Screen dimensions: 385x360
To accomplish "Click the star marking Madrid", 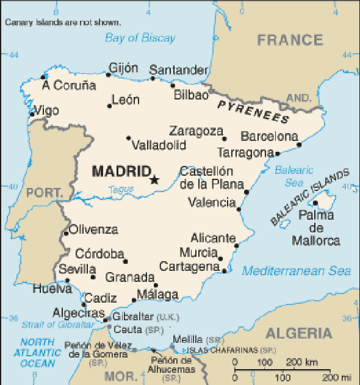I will pyautogui.click(x=154, y=179).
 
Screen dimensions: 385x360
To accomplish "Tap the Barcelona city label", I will pyautogui.click(x=269, y=136).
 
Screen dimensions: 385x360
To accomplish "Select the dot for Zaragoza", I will pyautogui.click(x=224, y=139).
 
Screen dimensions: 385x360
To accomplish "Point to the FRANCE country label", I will pyautogui.click(x=290, y=40).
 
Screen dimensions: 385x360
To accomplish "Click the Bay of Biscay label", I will pyautogui.click(x=140, y=38).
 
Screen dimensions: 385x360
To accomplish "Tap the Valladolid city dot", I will pyautogui.click(x=128, y=138).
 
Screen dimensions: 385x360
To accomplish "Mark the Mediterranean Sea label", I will pyautogui.click(x=297, y=271).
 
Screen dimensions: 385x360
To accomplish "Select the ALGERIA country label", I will pyautogui.click(x=299, y=333).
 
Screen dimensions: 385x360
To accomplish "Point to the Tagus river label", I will pyautogui.click(x=120, y=190).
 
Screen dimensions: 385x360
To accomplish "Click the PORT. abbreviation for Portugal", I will pyautogui.click(x=45, y=193).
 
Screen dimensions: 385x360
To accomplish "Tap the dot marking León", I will pyautogui.click(x=110, y=106).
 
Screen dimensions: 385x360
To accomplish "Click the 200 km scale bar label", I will pyautogui.click(x=303, y=362).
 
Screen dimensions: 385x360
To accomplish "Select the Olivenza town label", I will pyautogui.click(x=93, y=229).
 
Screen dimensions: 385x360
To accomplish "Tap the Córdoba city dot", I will pyautogui.click(x=126, y=262).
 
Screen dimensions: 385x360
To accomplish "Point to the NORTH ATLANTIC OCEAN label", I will pyautogui.click(x=38, y=353).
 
